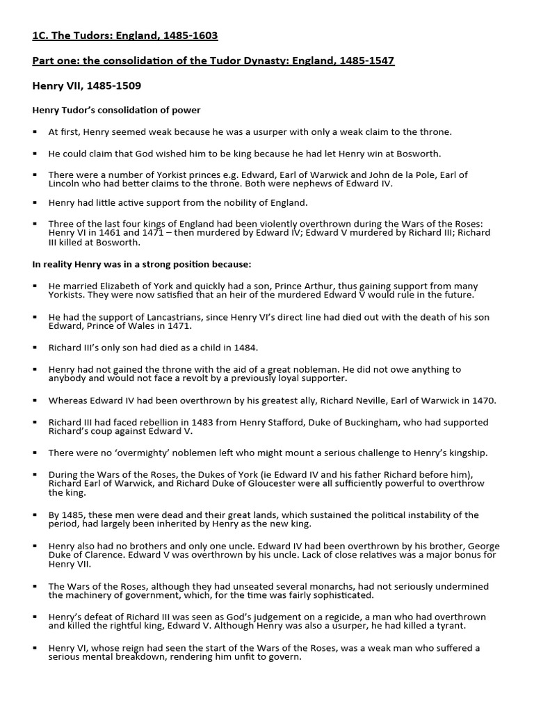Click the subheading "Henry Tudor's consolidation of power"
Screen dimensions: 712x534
[117, 110]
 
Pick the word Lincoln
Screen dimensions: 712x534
[63, 184]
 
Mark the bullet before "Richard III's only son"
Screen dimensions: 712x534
[35, 347]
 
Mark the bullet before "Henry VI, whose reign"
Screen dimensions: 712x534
[35, 648]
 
